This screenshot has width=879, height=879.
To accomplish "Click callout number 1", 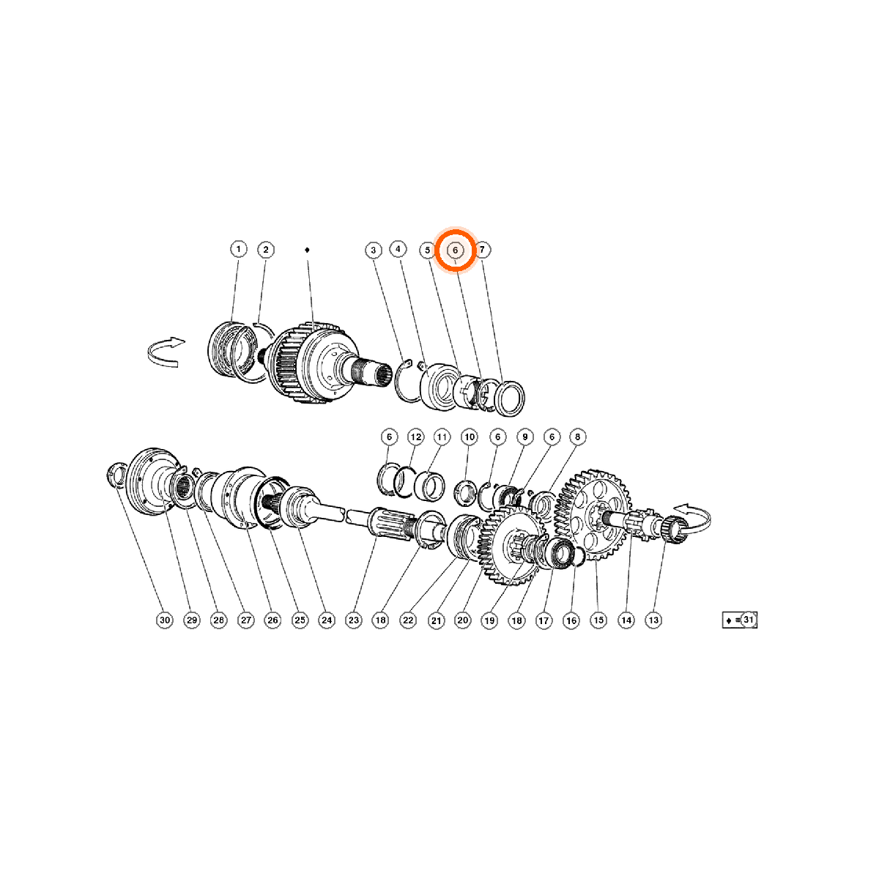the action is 238,250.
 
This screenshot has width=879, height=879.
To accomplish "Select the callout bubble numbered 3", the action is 374,250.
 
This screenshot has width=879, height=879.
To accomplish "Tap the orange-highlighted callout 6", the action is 455,250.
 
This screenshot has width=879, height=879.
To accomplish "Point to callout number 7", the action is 482,250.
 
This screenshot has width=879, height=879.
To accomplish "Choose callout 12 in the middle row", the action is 415,437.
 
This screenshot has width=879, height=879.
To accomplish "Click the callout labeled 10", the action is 470,437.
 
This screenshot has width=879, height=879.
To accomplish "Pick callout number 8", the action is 577,437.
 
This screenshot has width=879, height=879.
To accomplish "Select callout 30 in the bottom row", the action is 165,620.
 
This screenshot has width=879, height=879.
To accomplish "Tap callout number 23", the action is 354,620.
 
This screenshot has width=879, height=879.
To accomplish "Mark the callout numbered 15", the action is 598,620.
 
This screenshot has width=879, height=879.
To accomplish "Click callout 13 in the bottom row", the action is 653,620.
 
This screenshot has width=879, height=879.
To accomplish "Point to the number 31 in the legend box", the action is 748,620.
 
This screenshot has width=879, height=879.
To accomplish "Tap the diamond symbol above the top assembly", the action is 307,250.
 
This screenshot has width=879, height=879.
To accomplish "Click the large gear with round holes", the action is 594,515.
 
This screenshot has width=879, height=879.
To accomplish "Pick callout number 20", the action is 462,620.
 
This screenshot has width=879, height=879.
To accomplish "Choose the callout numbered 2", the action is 265,250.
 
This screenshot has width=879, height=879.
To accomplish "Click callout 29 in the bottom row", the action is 192,620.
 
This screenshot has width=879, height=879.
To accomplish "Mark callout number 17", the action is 544,620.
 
